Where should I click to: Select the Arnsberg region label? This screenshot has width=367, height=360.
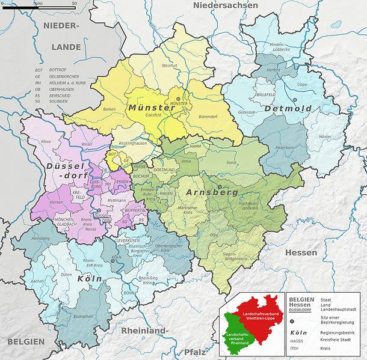(x=212, y=193)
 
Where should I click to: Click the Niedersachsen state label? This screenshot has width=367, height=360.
(x=225, y=5)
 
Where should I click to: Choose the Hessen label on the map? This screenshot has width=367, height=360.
(x=301, y=253)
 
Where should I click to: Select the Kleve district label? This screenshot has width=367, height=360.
(x=46, y=142)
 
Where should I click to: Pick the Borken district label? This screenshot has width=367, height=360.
(x=109, y=109)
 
